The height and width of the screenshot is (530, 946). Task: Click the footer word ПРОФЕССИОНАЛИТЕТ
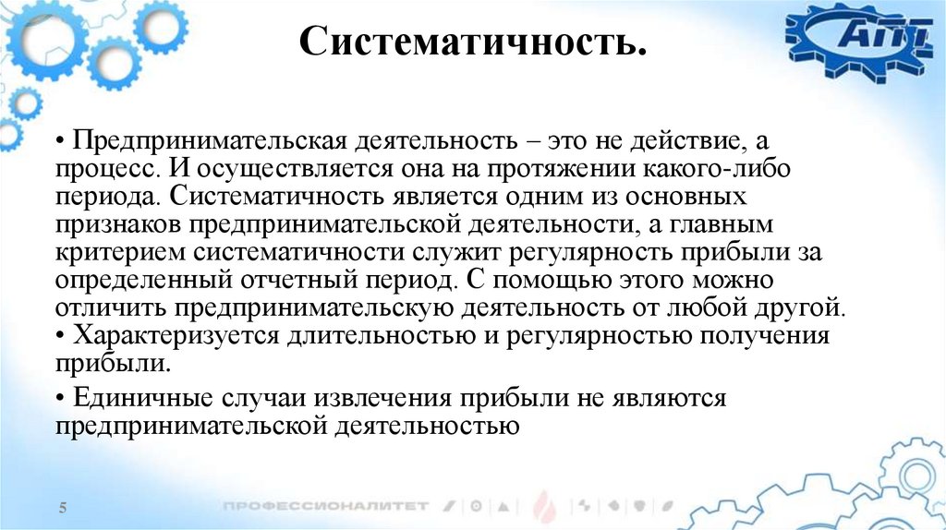[325, 506]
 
